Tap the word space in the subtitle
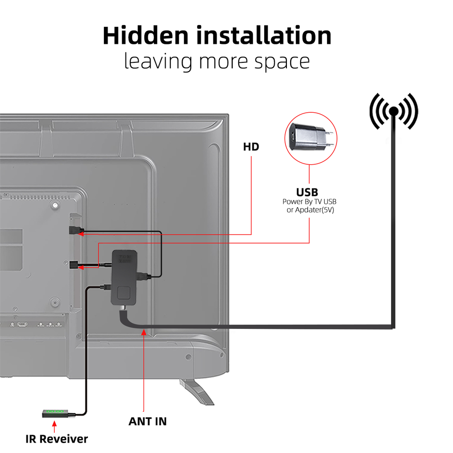(x=282, y=61)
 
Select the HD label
(x=251, y=147)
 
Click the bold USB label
(x=307, y=192)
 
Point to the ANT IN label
(x=147, y=421)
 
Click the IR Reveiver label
(x=57, y=439)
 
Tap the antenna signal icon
(x=394, y=111)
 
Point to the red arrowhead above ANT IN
(x=144, y=334)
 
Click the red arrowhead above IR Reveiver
(x=55, y=425)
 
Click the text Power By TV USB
(x=310, y=201)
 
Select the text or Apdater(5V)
(x=310, y=210)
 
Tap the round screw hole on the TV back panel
(x=55, y=206)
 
